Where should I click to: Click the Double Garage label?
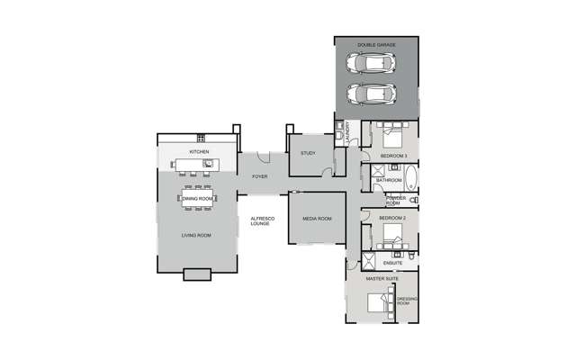[376, 44]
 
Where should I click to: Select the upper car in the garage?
[374, 64]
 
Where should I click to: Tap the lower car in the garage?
[374, 93]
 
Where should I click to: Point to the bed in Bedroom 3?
[393, 138]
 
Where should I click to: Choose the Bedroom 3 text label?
[393, 157]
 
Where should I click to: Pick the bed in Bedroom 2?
[393, 235]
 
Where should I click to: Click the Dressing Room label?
[404, 301]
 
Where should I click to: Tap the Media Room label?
[317, 219]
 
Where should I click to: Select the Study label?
[308, 154]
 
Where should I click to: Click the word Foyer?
[259, 176]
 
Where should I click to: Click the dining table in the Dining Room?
[195, 198]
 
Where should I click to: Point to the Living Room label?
[196, 236]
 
